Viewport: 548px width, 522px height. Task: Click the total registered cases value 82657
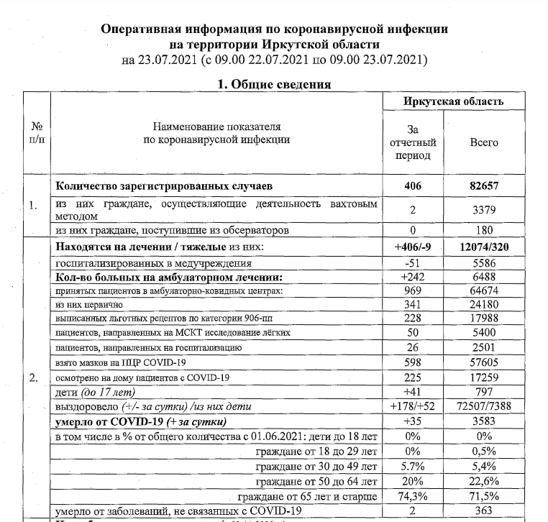point(484,186)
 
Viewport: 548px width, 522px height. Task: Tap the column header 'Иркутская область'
point(453,101)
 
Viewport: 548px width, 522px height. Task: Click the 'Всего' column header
point(484,142)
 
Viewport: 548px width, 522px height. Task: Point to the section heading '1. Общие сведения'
point(273,84)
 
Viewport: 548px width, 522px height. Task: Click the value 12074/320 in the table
point(484,248)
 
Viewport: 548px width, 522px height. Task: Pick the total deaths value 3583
point(484,421)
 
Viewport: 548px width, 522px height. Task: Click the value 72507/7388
point(484,407)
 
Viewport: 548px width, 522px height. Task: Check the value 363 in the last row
point(484,511)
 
